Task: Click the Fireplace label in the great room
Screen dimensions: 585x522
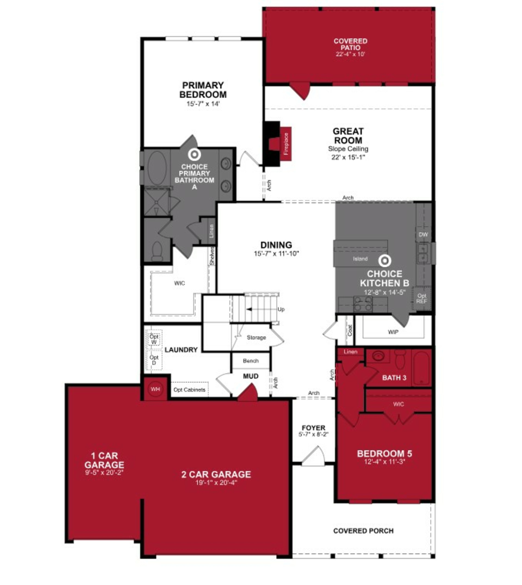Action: [x=286, y=144]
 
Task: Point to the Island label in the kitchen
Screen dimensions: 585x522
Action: [x=360, y=259]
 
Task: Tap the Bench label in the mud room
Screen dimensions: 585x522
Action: [x=251, y=361]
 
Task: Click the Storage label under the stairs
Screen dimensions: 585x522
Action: [x=256, y=337]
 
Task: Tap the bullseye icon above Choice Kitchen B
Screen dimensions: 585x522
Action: [x=384, y=261]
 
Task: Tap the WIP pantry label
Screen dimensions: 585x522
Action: [x=393, y=332]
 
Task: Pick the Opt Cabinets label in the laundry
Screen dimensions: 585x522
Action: [x=189, y=390]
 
